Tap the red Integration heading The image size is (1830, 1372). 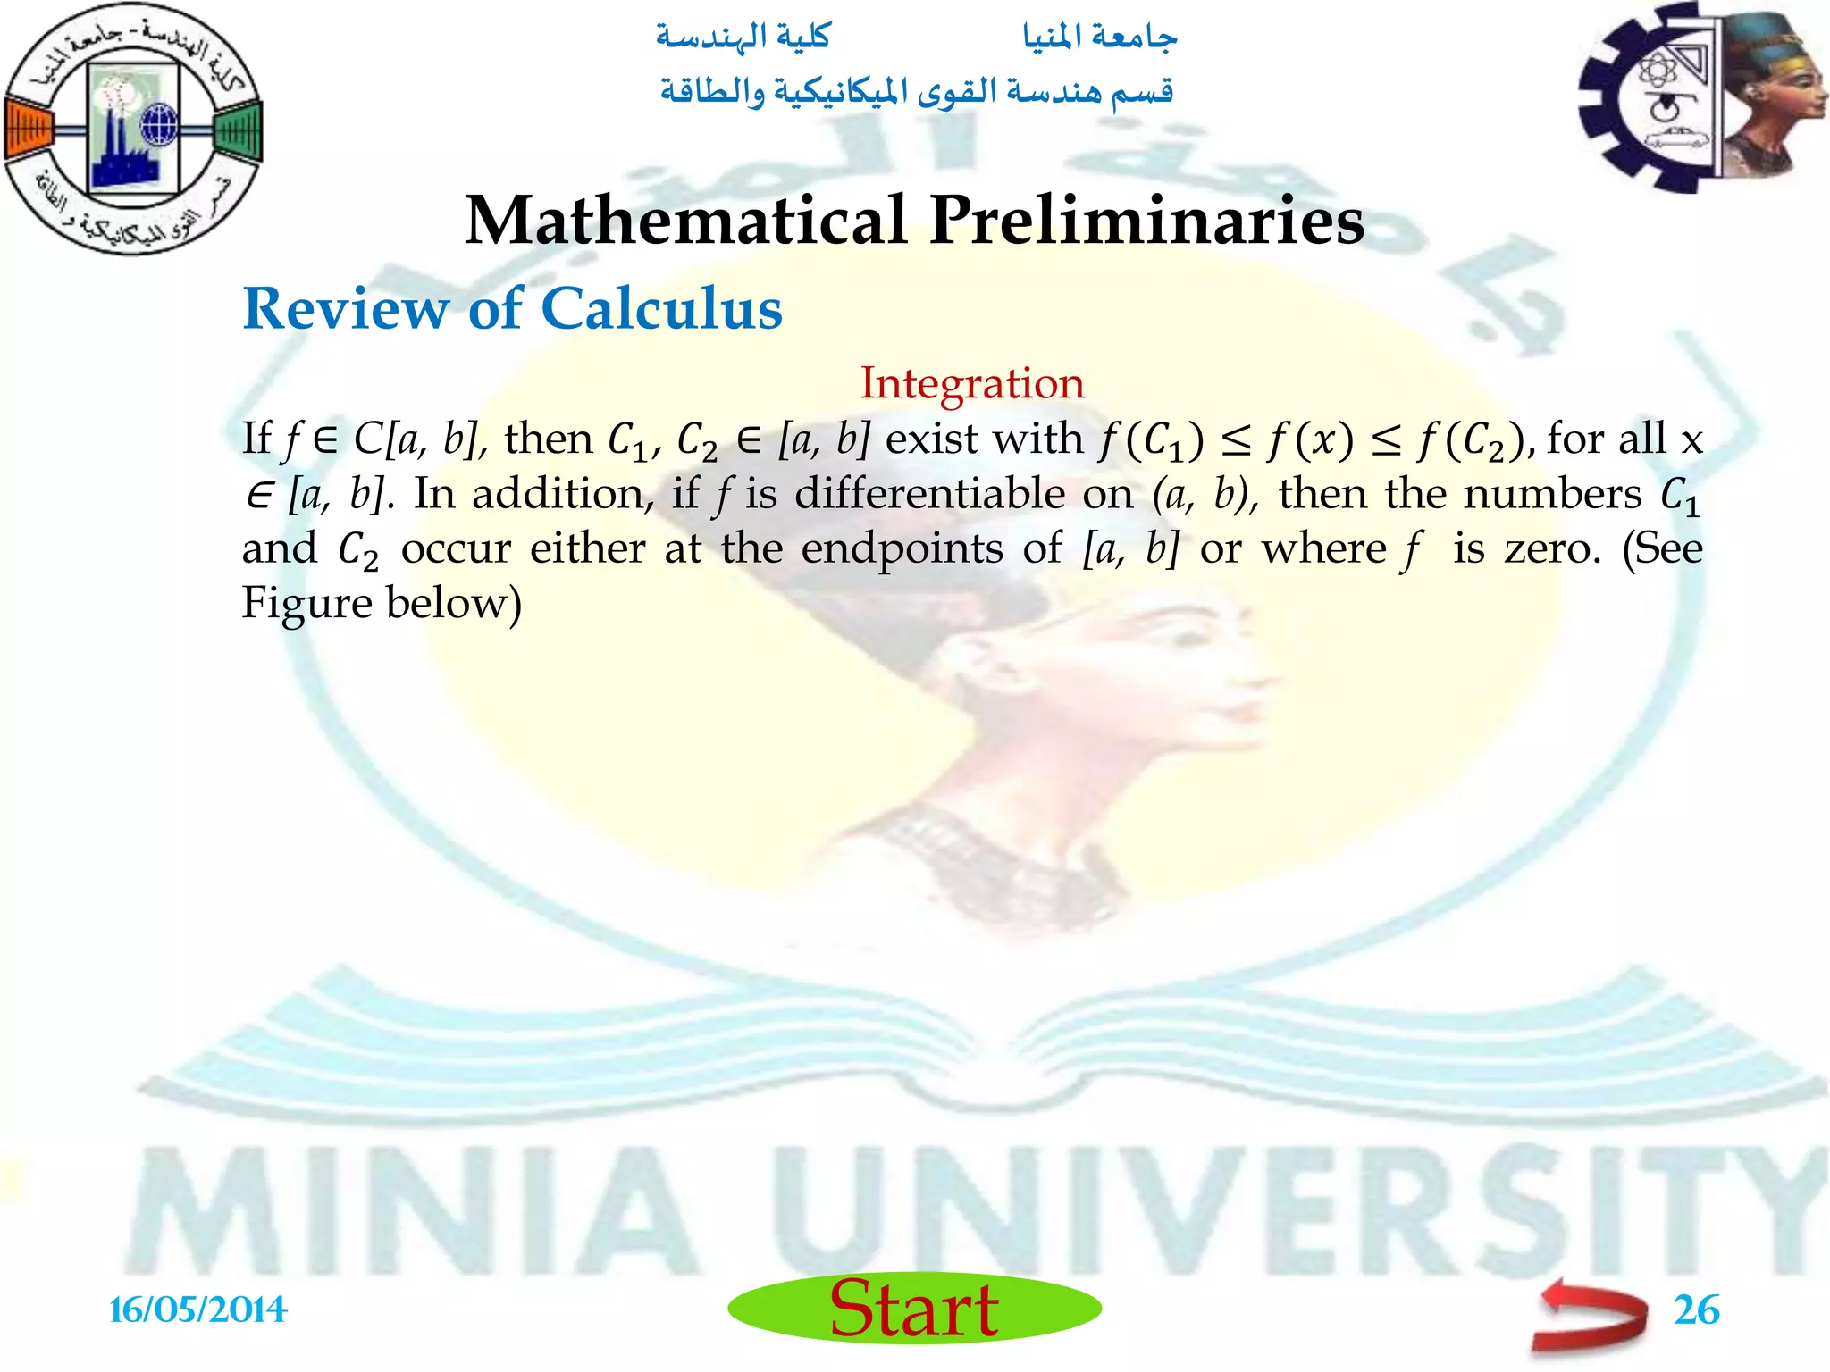972,383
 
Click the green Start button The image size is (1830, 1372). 914,1308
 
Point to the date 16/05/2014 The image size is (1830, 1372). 197,1310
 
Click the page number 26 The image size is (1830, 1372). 1696,1310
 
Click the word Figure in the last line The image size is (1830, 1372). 306,604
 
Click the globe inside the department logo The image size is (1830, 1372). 160,124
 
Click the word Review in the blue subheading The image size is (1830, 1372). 346,309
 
